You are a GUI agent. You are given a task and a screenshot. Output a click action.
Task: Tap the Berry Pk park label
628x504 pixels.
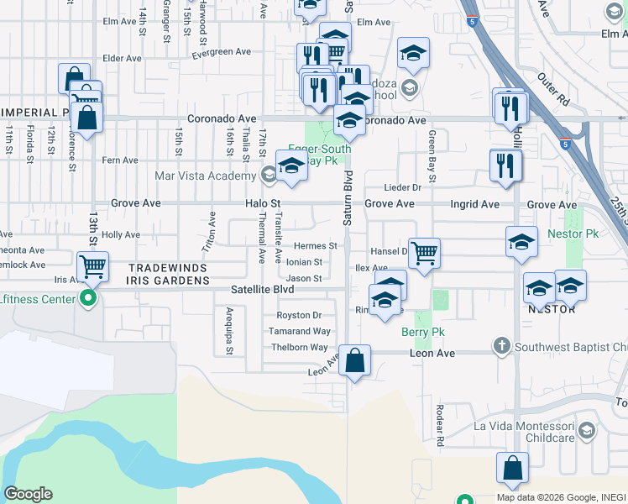pyautogui.click(x=422, y=332)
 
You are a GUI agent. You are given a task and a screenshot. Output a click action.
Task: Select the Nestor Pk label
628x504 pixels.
pyautogui.click(x=571, y=233)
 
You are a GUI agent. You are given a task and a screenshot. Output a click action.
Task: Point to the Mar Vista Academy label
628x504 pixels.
pyautogui.click(x=205, y=176)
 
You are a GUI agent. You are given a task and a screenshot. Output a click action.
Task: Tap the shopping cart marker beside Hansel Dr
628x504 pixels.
pyautogui.click(x=425, y=252)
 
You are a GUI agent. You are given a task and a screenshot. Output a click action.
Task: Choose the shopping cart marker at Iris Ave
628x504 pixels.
pyautogui.click(x=92, y=267)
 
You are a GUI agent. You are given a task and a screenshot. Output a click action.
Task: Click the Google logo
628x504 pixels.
pyautogui.click(x=27, y=494)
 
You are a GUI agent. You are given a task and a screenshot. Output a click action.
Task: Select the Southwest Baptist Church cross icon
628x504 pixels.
pyautogui.click(x=501, y=344)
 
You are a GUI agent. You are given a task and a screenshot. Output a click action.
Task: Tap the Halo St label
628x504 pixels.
pyautogui.click(x=263, y=204)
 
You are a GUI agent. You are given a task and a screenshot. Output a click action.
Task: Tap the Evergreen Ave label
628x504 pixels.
pyautogui.click(x=221, y=52)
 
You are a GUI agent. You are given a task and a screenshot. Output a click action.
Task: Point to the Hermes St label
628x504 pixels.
pyautogui.click(x=315, y=246)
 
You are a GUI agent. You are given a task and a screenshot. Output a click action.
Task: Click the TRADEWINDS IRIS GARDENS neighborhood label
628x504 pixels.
pyautogui.click(x=167, y=275)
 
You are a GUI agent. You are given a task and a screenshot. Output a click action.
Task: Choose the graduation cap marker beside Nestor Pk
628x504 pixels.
pyautogui.click(x=521, y=242)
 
